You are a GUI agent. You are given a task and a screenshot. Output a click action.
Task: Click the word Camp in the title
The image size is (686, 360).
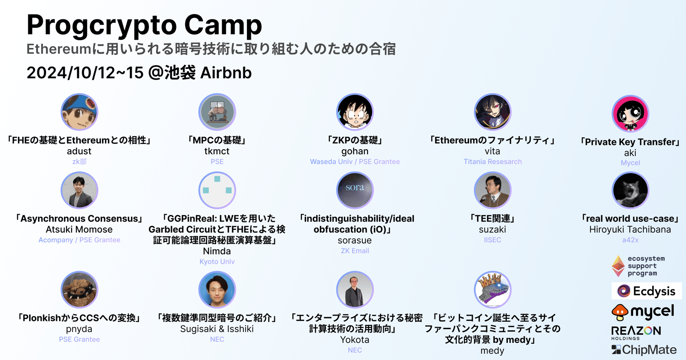(223, 25)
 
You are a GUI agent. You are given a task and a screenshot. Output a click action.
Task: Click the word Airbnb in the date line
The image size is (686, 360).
(226, 73)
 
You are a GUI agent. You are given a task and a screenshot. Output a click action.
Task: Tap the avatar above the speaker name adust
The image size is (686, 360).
(79, 112)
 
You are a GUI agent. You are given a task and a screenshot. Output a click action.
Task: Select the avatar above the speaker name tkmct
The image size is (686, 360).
(217, 112)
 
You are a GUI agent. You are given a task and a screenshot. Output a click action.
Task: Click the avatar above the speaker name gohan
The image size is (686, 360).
(355, 112)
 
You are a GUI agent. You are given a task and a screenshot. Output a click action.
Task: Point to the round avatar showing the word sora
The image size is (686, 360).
(355, 190)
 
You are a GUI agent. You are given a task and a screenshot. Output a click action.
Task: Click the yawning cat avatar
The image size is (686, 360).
(630, 190)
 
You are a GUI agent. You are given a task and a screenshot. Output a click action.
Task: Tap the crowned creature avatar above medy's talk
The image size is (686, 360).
(493, 290)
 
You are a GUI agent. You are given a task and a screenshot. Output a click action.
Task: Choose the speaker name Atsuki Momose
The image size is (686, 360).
(79, 229)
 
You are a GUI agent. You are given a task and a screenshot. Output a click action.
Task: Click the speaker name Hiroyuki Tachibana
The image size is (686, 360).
(630, 229)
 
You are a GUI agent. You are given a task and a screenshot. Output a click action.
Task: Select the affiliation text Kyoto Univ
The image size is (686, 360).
(217, 261)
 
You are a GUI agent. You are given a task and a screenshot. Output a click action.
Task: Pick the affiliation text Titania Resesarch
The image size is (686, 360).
(493, 162)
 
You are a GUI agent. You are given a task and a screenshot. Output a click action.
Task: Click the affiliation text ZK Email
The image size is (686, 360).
(355, 251)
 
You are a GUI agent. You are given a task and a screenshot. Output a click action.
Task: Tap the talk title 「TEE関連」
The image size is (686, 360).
(493, 218)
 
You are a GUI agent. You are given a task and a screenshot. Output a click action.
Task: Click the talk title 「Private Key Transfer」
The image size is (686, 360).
(630, 142)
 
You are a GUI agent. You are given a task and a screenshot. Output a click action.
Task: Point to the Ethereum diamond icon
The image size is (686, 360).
(618, 266)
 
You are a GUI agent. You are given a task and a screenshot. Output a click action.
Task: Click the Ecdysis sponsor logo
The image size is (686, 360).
(647, 291)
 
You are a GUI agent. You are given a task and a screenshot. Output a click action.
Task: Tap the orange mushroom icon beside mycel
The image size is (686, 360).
(620, 312)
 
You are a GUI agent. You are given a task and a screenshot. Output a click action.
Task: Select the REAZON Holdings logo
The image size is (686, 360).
(636, 333)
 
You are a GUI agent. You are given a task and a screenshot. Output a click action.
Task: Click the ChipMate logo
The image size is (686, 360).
(644, 350)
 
